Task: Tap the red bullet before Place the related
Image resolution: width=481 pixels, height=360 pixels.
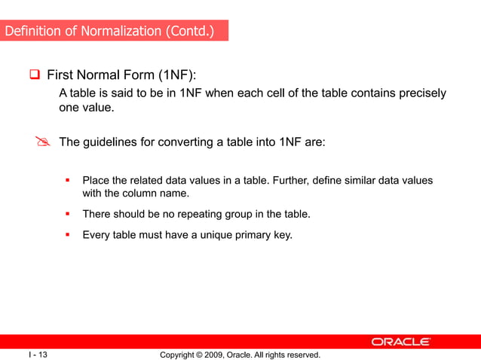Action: point(67,180)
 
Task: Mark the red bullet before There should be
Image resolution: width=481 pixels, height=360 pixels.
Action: point(67,214)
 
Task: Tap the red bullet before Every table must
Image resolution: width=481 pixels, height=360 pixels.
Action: point(67,234)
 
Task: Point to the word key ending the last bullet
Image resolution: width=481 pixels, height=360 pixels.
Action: point(282,234)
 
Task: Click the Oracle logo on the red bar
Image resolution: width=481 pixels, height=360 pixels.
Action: point(400,342)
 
